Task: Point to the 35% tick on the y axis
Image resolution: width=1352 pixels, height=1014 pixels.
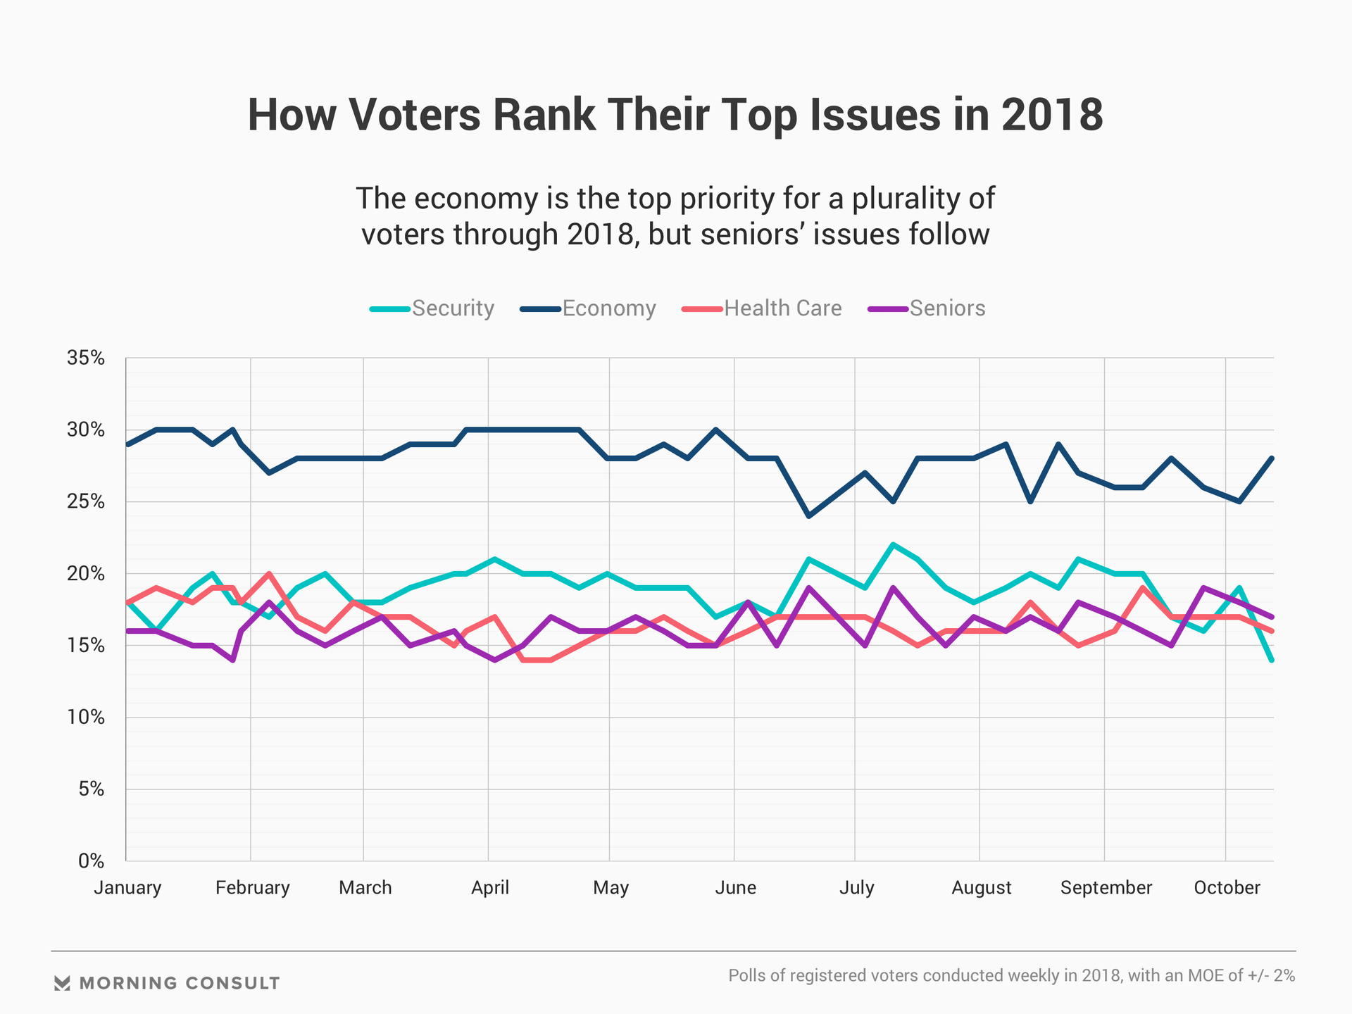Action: point(86,358)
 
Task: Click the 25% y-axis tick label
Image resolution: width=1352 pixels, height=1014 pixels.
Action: point(86,502)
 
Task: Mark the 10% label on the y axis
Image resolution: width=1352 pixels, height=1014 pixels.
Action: point(86,718)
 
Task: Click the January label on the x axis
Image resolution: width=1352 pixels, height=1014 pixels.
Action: point(127,887)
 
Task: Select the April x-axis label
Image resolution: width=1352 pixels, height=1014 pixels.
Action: point(490,887)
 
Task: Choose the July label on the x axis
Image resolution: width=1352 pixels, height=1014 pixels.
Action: point(856,887)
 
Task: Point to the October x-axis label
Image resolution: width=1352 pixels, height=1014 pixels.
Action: point(1227,887)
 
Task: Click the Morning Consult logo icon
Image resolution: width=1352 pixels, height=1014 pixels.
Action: point(62,983)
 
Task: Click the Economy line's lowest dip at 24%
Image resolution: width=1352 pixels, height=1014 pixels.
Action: point(809,516)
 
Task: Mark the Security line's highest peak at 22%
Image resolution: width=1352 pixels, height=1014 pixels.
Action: point(893,544)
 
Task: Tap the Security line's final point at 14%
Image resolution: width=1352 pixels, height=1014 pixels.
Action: point(1272,660)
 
